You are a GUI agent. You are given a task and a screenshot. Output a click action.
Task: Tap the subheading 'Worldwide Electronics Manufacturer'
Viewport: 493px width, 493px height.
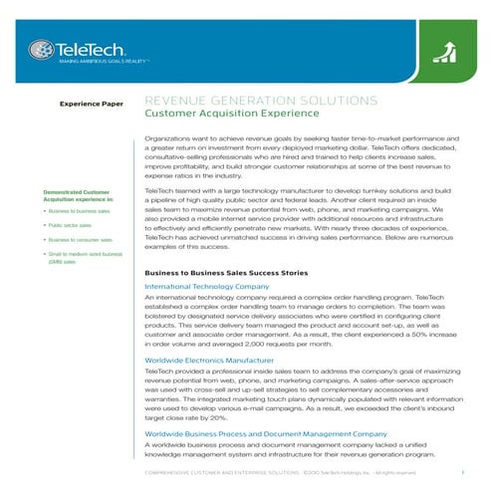[208, 358]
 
